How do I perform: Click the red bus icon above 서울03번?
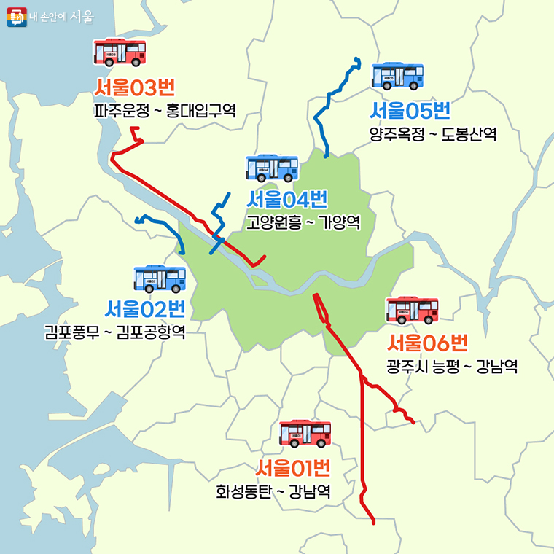(120, 52)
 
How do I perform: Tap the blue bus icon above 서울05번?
(397, 76)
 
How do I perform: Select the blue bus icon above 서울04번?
(272, 168)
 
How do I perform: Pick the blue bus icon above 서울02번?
(160, 278)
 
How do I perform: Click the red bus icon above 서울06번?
(412, 310)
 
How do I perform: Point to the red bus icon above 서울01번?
(305, 433)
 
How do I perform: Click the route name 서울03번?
(135, 89)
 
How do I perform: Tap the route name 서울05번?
(410, 111)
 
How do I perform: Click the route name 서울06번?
(427, 342)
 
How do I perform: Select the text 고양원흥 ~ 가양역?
(303, 222)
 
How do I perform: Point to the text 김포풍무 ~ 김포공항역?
(114, 333)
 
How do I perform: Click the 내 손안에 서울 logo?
(50, 17)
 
